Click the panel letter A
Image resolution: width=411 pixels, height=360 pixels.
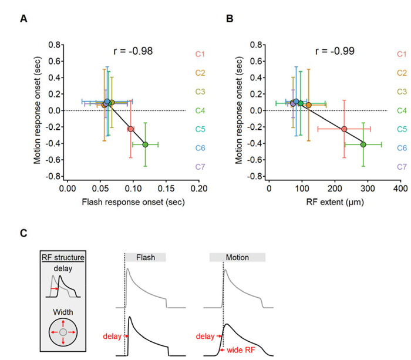[23, 19]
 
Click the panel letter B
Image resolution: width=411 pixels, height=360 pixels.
[230, 19]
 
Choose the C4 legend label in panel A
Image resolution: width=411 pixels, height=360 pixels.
[183, 110]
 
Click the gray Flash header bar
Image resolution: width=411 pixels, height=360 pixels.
[146, 257]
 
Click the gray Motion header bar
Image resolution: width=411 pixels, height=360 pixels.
[237, 257]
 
